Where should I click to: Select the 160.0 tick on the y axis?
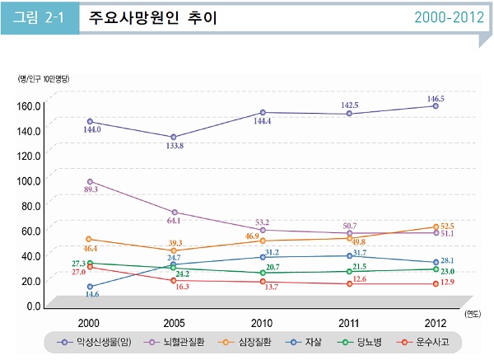30,105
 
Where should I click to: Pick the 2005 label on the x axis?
174,321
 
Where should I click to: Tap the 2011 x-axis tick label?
350,321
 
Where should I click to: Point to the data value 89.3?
90,189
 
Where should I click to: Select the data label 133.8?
174,146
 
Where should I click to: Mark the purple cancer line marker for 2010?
262,112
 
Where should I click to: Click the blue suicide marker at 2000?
89,287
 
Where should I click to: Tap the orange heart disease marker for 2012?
436,227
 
